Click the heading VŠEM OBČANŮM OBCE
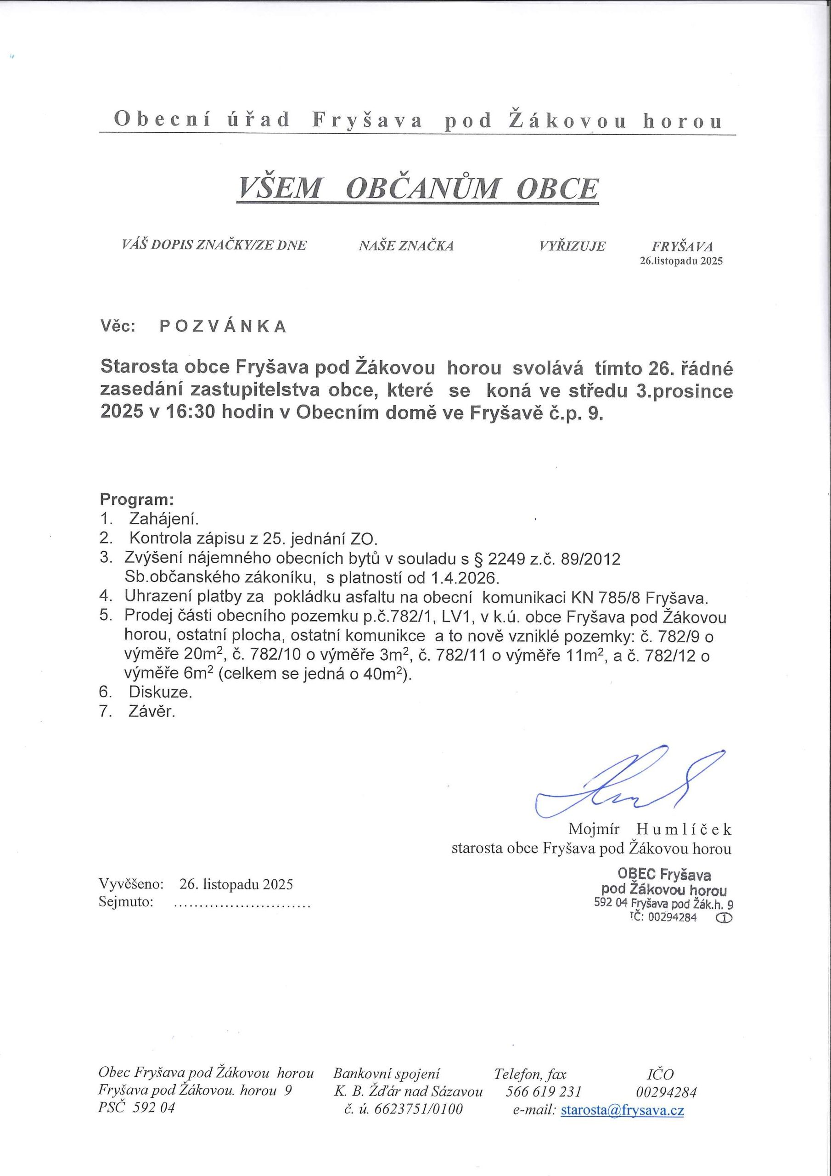coord(417,188)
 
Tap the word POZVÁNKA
coord(223,327)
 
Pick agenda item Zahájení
coord(163,520)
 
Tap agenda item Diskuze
coord(160,692)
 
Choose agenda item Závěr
coord(152,712)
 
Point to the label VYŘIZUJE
coord(572,246)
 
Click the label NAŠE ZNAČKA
coord(406,246)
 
